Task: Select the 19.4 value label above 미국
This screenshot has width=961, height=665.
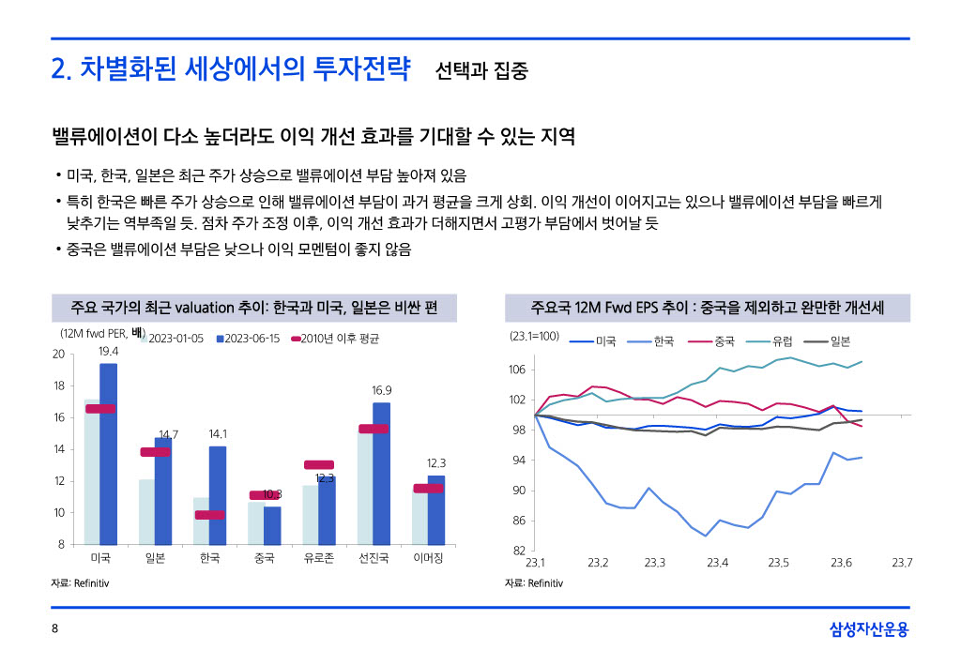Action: coord(108,351)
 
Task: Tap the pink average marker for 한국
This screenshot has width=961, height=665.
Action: coord(209,514)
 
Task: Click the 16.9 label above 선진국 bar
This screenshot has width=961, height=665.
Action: coord(381,390)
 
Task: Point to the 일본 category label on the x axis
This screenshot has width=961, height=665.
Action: coord(155,559)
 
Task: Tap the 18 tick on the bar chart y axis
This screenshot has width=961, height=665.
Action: coord(58,385)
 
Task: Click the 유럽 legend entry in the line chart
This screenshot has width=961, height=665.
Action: coord(774,341)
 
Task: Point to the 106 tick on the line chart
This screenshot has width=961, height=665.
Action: coord(517,370)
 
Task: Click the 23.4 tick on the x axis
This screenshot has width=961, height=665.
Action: coord(717,563)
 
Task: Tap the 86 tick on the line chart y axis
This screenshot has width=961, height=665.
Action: coord(517,521)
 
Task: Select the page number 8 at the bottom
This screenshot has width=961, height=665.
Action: coord(54,630)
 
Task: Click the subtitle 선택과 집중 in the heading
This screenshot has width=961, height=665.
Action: coord(481,70)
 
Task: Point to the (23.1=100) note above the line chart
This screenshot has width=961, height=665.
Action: coord(534,335)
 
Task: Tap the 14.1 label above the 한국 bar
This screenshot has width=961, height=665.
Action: coord(218,434)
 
